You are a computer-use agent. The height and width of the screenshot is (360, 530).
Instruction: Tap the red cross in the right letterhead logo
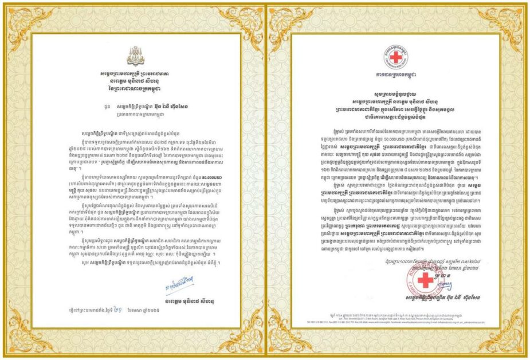pos(397,57)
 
